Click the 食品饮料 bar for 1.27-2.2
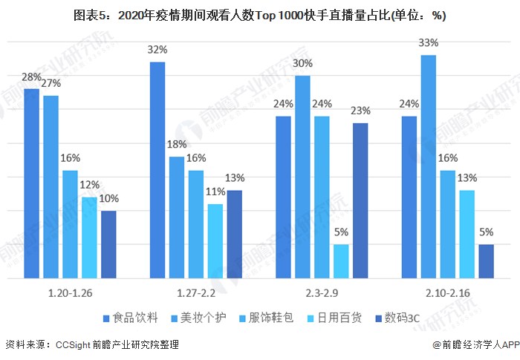pyautogui.click(x=157, y=170)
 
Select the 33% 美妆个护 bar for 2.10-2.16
pyautogui.click(x=428, y=167)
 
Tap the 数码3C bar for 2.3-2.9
pyautogui.click(x=360, y=200)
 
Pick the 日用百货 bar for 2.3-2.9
pyautogui.click(x=341, y=261)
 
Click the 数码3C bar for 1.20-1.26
pyautogui.click(x=108, y=244)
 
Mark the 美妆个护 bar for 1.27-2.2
pyautogui.click(x=177, y=217)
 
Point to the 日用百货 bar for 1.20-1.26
pyautogui.click(x=89, y=238)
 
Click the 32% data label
pyautogui.click(x=157, y=50)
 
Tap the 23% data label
pyautogui.click(x=360, y=111)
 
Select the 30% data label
pyautogui.click(x=302, y=64)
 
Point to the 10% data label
pyautogui.click(x=108, y=199)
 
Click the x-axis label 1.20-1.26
pyautogui.click(x=70, y=293)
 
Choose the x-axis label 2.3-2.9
pyautogui.click(x=322, y=293)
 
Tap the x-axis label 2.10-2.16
pyautogui.click(x=447, y=293)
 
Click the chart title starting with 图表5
pyautogui.click(x=259, y=15)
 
